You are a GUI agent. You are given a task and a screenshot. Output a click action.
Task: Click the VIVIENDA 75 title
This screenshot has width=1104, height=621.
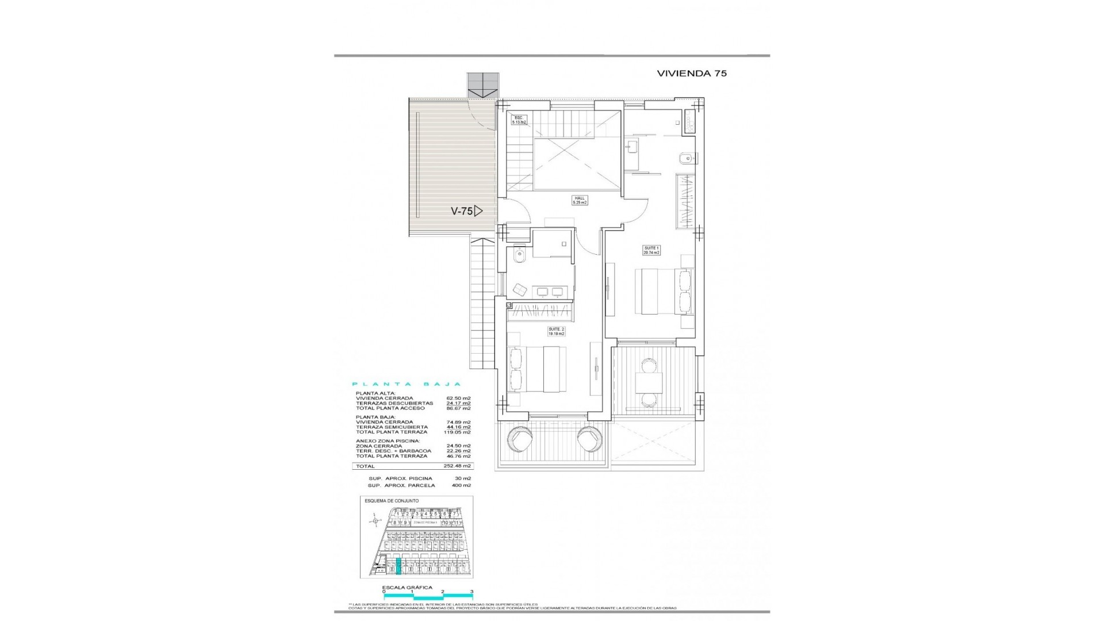tap(692, 74)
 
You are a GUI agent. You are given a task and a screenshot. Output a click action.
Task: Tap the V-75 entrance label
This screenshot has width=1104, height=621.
tap(462, 211)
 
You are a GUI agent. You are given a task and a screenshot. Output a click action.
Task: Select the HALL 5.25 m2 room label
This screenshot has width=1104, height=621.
tap(579, 201)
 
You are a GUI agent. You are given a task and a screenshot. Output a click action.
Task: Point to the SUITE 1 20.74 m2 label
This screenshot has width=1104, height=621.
tap(651, 250)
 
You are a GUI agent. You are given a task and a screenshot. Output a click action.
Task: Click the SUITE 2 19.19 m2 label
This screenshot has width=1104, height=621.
tap(556, 332)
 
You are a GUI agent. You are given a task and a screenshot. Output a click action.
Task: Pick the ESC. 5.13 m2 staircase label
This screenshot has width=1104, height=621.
tap(519, 120)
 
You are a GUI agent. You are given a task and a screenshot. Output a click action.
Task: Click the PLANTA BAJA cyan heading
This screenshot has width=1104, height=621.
tap(407, 384)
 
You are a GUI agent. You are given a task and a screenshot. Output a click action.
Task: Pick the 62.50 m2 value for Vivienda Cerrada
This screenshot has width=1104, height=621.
tap(458, 398)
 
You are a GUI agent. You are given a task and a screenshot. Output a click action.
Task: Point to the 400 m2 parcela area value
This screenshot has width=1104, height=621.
tap(461, 485)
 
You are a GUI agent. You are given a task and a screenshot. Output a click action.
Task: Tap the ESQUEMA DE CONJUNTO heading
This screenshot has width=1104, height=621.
tap(392, 501)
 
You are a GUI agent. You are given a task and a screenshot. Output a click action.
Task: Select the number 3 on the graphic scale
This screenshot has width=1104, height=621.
tap(471, 607)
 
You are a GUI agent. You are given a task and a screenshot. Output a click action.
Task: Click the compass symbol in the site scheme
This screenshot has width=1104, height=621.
tap(375, 522)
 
